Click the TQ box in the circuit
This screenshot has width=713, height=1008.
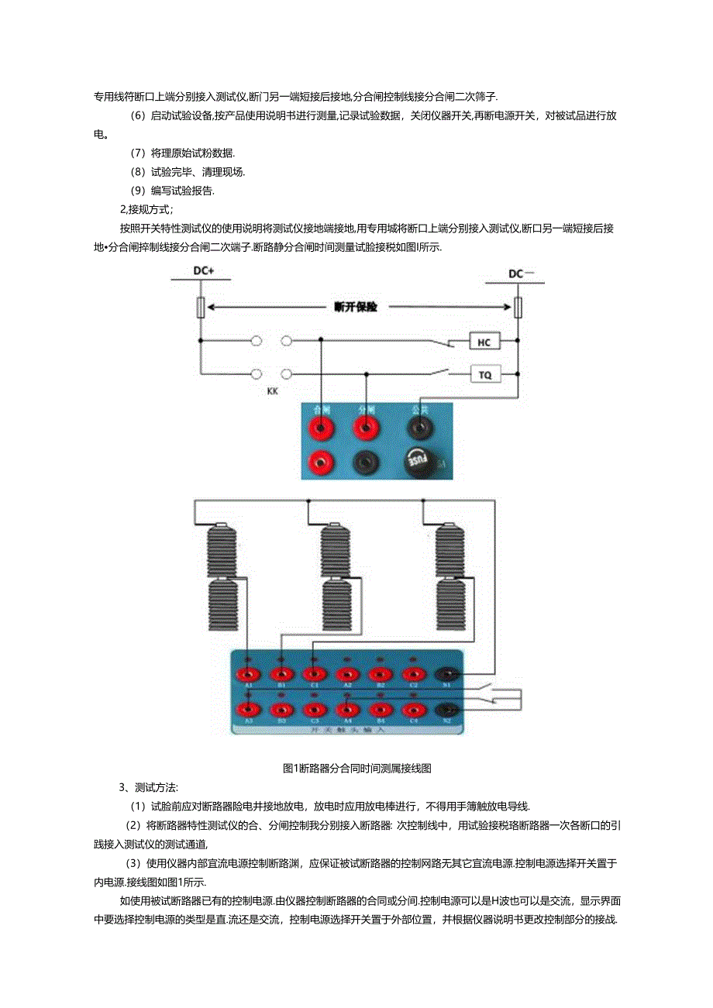[x=485, y=375]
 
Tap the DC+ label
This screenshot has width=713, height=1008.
[x=203, y=272]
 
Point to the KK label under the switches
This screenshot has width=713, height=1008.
[x=273, y=391]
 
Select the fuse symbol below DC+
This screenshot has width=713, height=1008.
[x=201, y=308]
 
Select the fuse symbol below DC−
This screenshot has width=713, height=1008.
[x=519, y=308]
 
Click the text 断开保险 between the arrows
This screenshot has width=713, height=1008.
[x=356, y=307]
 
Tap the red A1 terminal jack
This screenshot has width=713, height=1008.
[x=248, y=675]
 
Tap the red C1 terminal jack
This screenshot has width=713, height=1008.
[x=313, y=675]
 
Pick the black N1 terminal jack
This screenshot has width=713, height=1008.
[x=447, y=675]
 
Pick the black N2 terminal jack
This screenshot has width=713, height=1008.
[x=447, y=709]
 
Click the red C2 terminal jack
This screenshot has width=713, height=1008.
[x=413, y=675]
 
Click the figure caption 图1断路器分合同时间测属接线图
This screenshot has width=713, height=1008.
[x=357, y=769]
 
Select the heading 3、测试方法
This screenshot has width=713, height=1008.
[x=138, y=788]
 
